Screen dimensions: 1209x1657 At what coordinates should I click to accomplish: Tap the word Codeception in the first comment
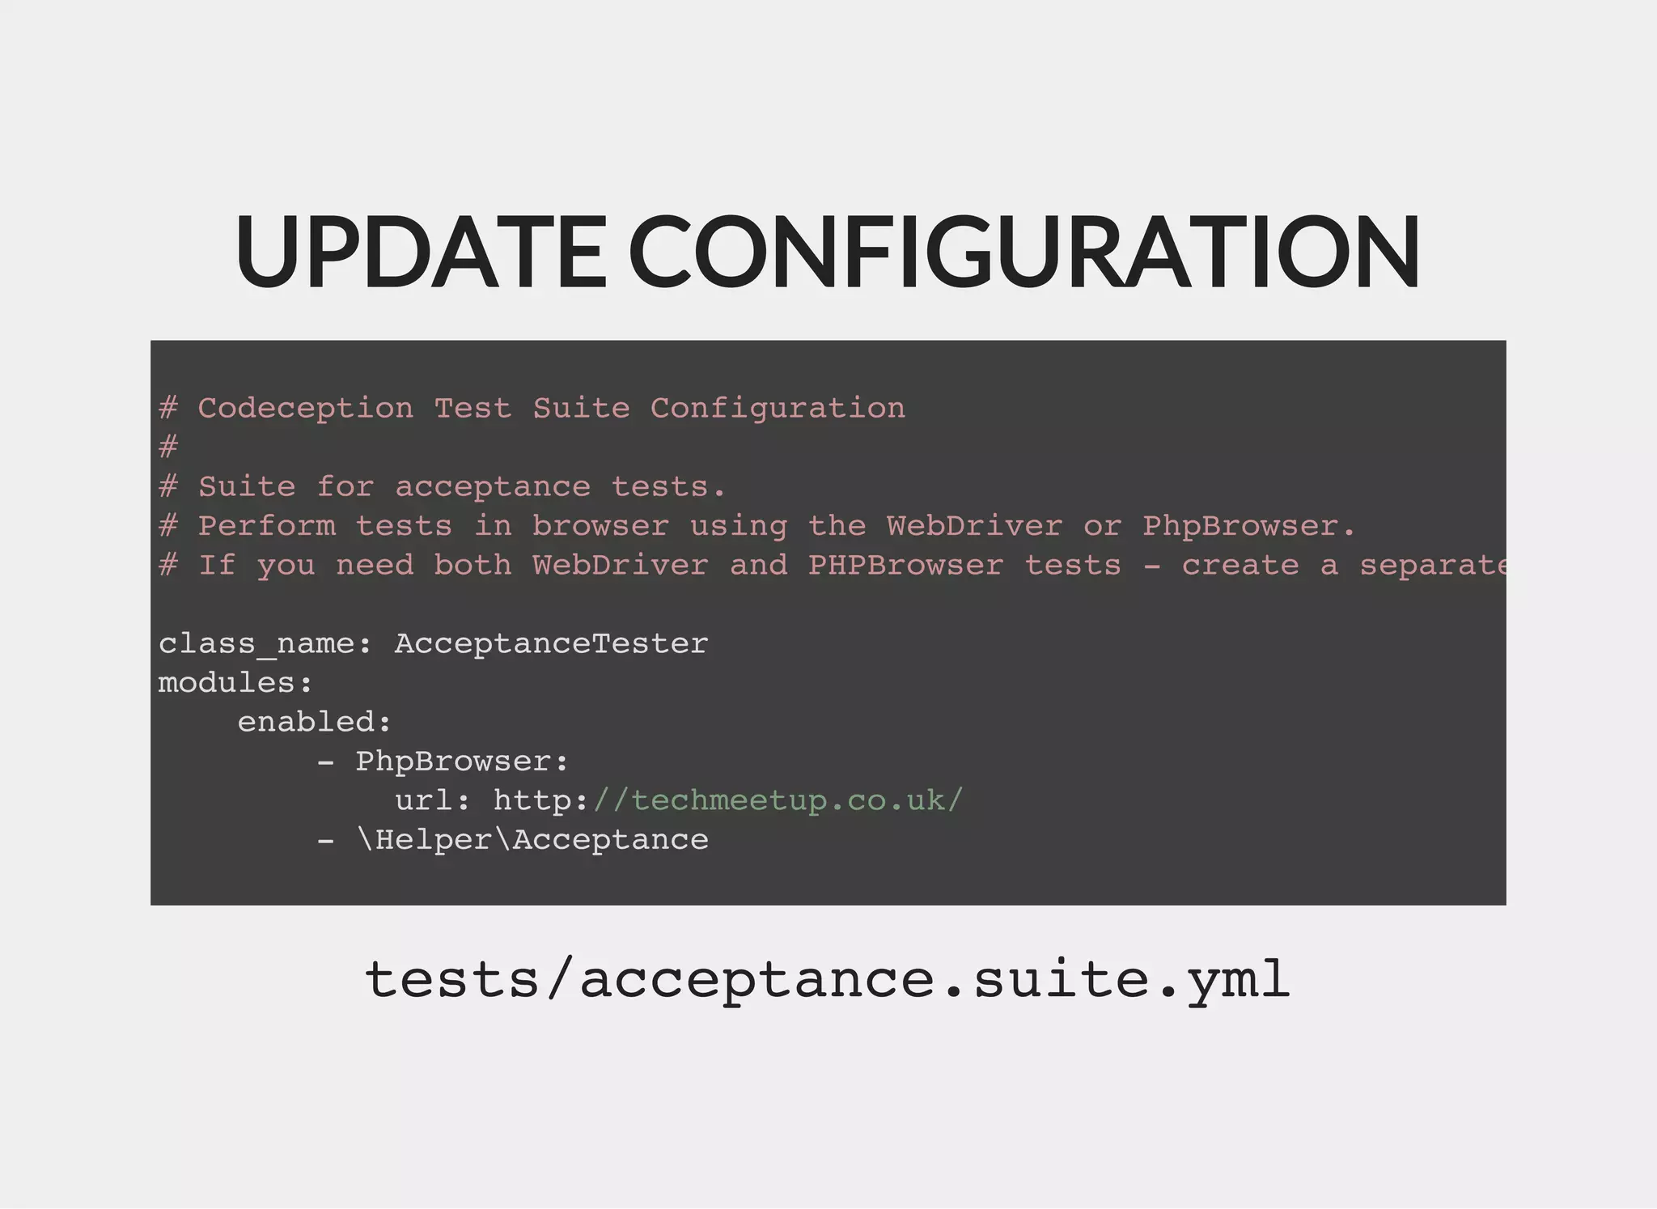coord(305,409)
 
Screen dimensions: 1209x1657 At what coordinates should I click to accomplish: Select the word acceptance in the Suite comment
coord(493,488)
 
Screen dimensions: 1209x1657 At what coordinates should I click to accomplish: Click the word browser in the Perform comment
coord(600,527)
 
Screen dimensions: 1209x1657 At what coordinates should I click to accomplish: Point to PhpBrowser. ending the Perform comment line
coord(1248,527)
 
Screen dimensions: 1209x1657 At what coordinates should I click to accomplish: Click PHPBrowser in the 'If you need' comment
coord(905,566)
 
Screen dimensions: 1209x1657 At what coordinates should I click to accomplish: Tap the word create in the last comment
coord(1240,566)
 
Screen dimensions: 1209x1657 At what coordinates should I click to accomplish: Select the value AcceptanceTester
coord(551,645)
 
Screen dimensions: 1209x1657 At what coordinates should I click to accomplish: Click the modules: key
coord(235,684)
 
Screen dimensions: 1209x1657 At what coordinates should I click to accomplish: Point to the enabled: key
coord(314,723)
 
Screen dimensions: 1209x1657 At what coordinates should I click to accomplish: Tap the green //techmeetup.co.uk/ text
coord(778,801)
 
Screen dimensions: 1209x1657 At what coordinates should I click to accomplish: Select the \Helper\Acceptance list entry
coord(532,840)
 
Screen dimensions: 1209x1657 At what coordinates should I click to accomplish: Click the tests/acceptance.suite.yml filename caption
coord(827,980)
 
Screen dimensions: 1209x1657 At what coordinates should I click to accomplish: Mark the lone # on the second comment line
coord(168,448)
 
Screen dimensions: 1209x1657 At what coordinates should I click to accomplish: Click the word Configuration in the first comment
coord(778,409)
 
